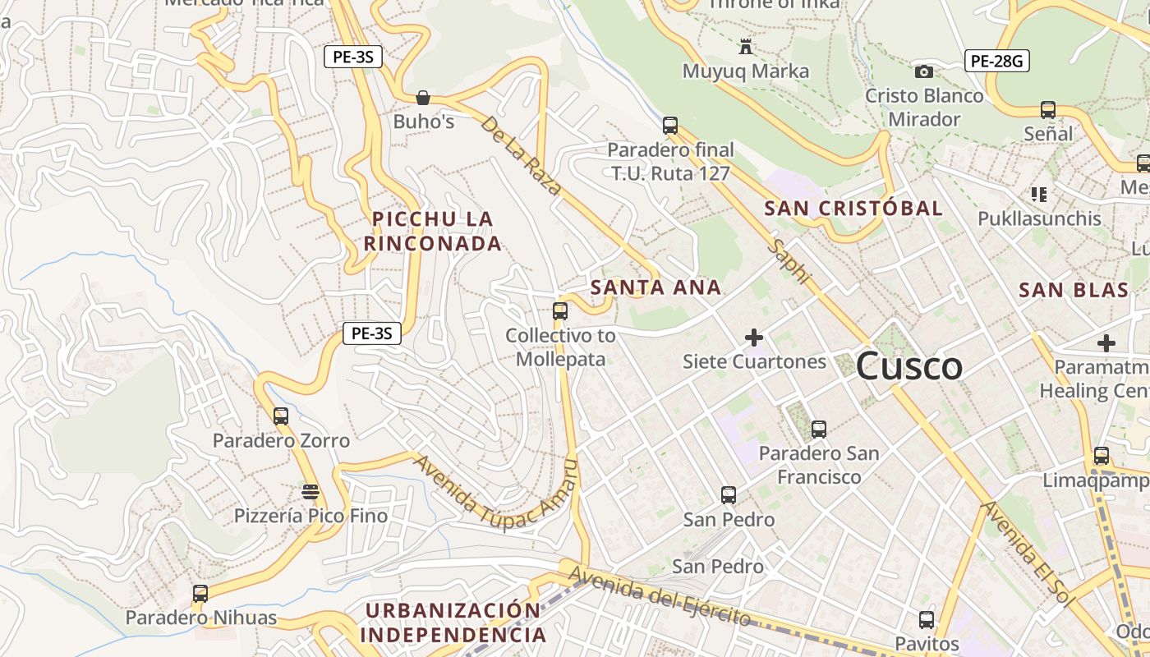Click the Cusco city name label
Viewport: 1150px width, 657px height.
click(x=908, y=366)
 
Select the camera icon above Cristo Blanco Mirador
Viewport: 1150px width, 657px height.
click(x=924, y=71)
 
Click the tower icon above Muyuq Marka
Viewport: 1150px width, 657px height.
click(x=746, y=46)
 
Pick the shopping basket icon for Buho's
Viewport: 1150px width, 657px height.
click(x=423, y=98)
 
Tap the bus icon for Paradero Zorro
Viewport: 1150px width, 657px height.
click(x=281, y=416)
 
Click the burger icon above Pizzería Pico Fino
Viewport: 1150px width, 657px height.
click(x=310, y=491)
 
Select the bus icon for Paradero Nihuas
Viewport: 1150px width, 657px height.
click(x=200, y=593)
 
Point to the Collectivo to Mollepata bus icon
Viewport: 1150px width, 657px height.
click(x=560, y=311)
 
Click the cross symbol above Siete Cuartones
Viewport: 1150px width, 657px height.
click(x=753, y=337)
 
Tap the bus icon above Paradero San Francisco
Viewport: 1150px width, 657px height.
click(x=818, y=429)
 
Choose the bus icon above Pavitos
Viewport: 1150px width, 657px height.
click(x=927, y=619)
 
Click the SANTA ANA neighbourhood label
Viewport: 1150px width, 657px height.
click(x=655, y=287)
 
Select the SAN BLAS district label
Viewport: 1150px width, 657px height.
click(x=1074, y=290)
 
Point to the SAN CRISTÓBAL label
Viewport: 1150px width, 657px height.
click(x=853, y=209)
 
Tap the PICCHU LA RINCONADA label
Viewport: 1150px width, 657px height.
click(x=433, y=231)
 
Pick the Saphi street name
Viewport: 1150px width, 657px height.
click(x=789, y=263)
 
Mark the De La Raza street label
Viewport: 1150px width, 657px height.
click(x=521, y=154)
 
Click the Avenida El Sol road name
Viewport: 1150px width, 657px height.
click(x=1028, y=554)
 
